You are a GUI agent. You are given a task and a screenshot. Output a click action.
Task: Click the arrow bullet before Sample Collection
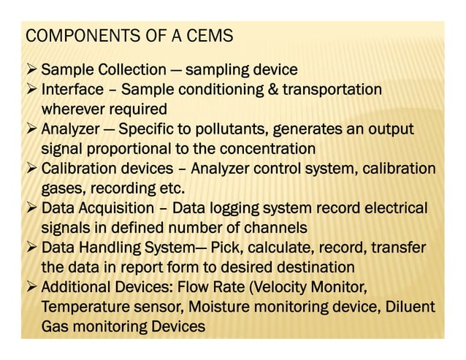tap(31, 71)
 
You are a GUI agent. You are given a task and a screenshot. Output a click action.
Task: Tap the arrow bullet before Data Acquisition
tap(31, 208)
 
